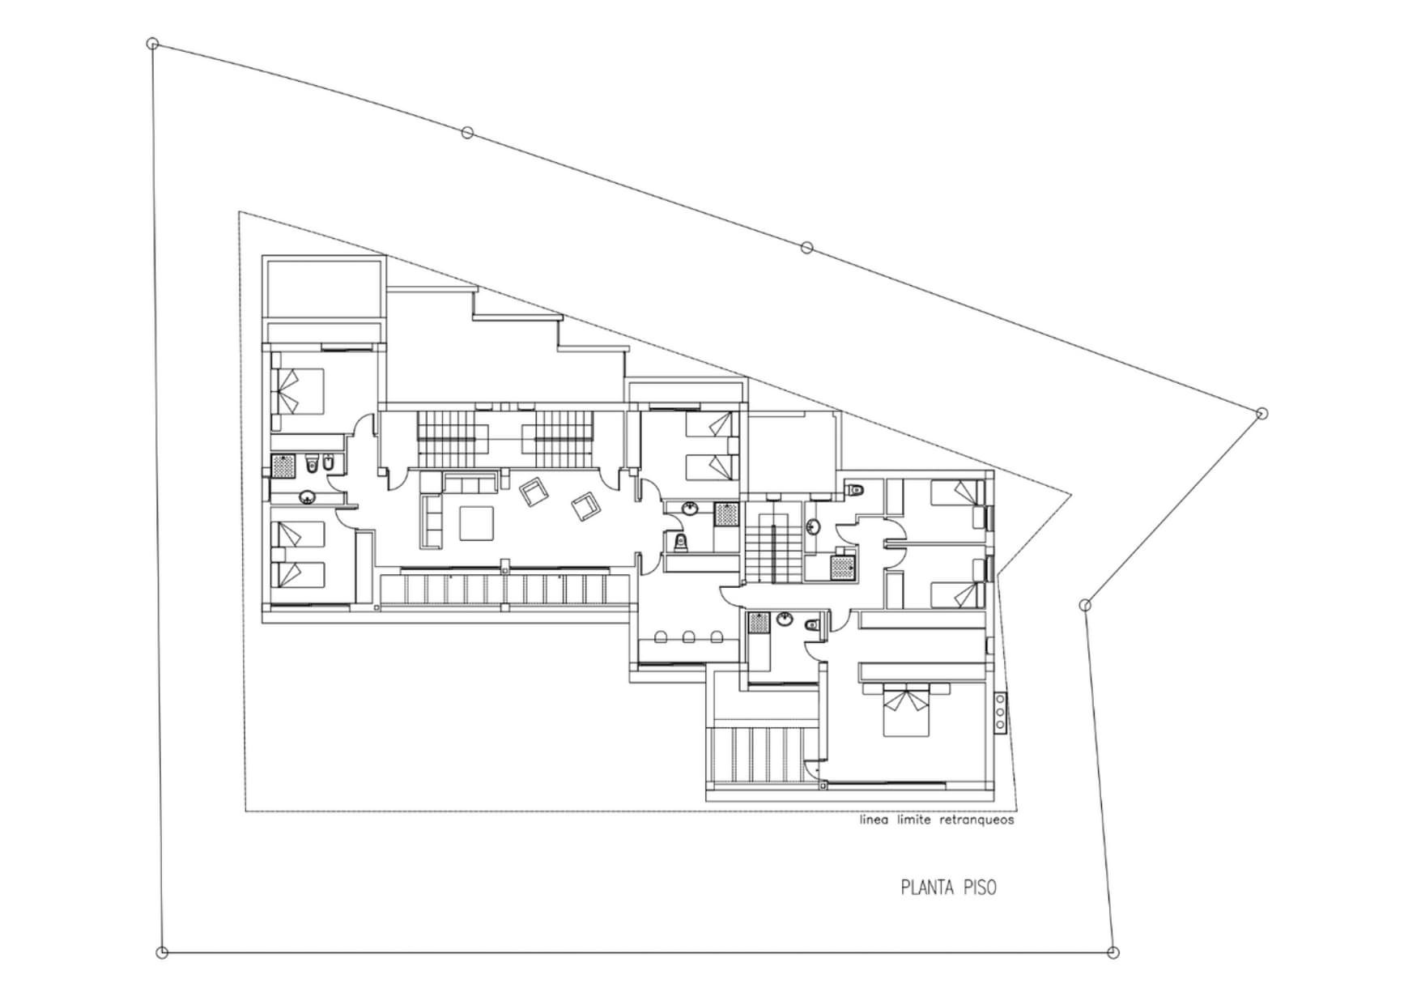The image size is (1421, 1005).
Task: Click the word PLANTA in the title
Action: (928, 888)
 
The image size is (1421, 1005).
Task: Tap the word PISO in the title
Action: (981, 888)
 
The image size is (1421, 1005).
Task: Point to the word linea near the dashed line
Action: (874, 820)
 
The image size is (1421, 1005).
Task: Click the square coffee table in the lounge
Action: (478, 522)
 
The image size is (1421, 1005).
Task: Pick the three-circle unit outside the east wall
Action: (1000, 713)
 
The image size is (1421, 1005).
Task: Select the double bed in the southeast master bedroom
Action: (905, 710)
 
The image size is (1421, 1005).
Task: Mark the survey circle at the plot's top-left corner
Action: (152, 44)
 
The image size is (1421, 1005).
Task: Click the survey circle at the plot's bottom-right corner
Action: (1113, 952)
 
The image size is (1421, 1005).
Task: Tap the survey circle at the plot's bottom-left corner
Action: (162, 952)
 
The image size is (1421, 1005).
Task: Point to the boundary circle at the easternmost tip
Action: (1261, 414)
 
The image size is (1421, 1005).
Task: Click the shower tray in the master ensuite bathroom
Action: (759, 622)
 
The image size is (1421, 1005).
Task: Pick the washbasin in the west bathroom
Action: (308, 497)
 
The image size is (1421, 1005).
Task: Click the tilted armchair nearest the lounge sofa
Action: (534, 492)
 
